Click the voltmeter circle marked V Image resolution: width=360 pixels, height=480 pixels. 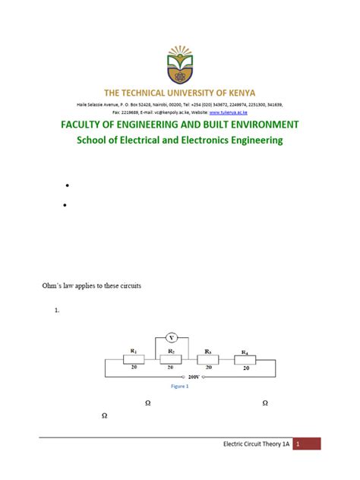pos(172,338)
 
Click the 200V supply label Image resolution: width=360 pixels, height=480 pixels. pos(194,377)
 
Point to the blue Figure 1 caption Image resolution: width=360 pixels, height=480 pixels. pos(179,386)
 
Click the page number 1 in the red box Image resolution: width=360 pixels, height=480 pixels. pos(299,444)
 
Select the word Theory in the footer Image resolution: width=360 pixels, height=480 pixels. pos(267,444)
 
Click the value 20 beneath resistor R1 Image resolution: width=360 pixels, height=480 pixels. pos(134,368)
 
